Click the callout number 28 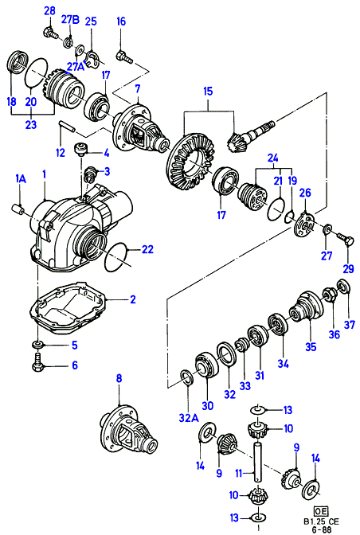pyautogui.click(x=50, y=10)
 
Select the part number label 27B pyautogui.click(x=70, y=20)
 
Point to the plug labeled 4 pyautogui.click(x=81, y=150)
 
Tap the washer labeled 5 pyautogui.click(x=38, y=345)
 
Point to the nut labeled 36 pyautogui.click(x=330, y=294)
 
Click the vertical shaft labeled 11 pyautogui.click(x=257, y=461)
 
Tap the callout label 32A pyautogui.click(x=189, y=418)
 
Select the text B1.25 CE pyautogui.click(x=321, y=521)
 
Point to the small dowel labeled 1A pyautogui.click(x=17, y=209)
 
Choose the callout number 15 pyautogui.click(x=208, y=91)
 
